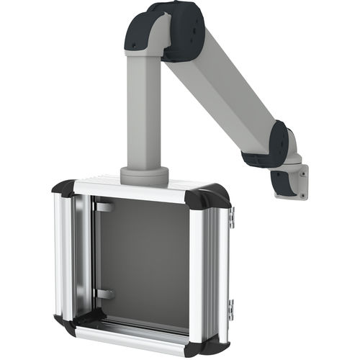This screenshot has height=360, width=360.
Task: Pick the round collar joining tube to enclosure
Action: click(144, 175)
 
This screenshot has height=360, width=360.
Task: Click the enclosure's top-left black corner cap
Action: click(63, 189)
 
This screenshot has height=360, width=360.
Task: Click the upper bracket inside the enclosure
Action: click(105, 207)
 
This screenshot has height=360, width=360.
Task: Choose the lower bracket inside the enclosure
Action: click(105, 294)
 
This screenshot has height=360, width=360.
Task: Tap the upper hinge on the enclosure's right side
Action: click(232, 215)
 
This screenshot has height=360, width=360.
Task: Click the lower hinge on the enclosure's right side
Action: click(230, 310)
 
